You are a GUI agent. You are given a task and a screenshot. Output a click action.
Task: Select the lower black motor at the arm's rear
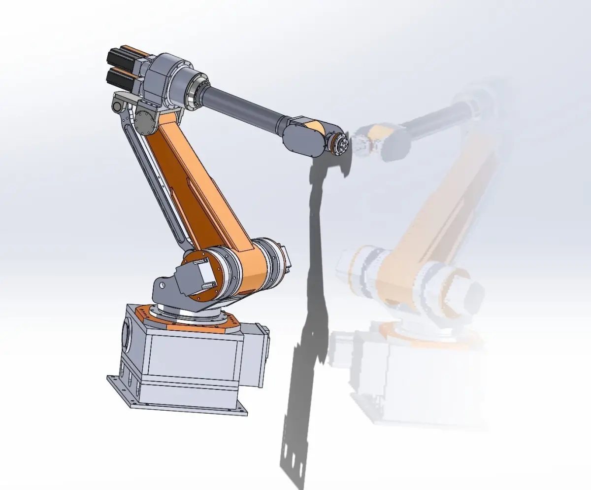[x=118, y=79]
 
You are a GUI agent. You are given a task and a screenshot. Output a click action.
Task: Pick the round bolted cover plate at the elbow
[x=144, y=121]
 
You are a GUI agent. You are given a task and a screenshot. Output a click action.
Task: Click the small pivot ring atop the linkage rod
[x=117, y=105]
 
